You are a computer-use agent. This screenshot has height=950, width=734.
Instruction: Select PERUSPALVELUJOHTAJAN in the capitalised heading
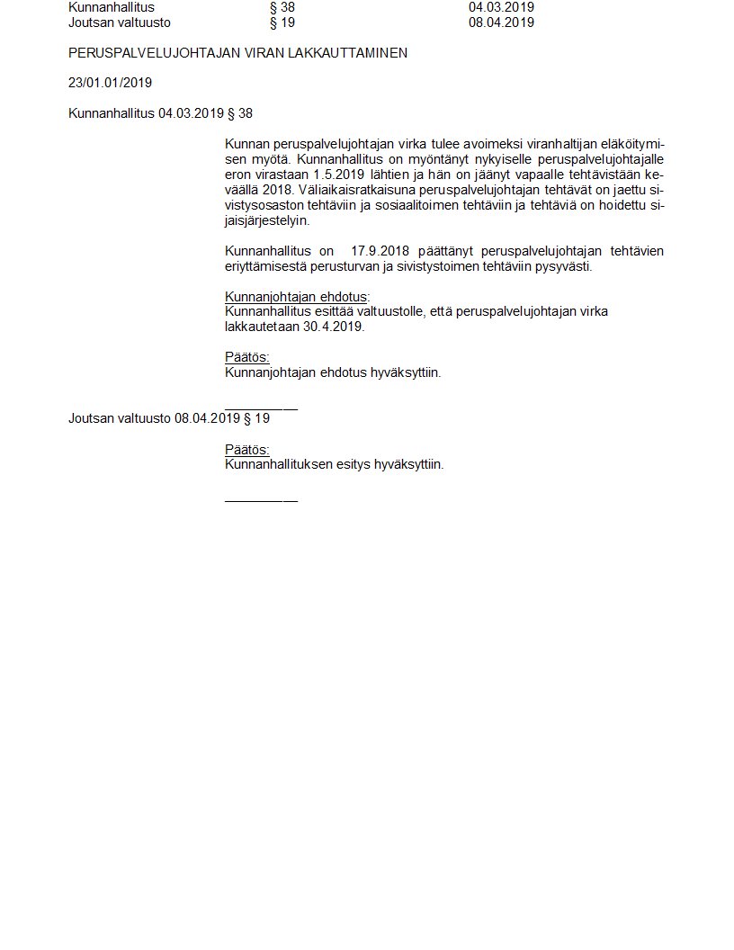coord(139,53)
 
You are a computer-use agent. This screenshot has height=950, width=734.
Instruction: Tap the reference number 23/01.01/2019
coord(110,83)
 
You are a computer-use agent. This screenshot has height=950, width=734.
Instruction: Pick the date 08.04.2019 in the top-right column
coord(501,22)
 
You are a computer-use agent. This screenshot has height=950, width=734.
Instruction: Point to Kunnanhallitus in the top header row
coord(112,7)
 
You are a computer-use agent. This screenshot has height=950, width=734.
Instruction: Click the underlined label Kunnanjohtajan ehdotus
coord(296,297)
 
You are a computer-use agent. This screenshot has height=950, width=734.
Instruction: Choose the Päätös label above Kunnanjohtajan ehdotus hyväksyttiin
coord(246,357)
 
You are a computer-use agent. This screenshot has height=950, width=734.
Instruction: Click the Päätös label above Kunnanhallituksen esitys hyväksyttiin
coord(246,450)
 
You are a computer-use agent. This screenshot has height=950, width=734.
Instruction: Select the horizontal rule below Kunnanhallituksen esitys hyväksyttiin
coord(261,500)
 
